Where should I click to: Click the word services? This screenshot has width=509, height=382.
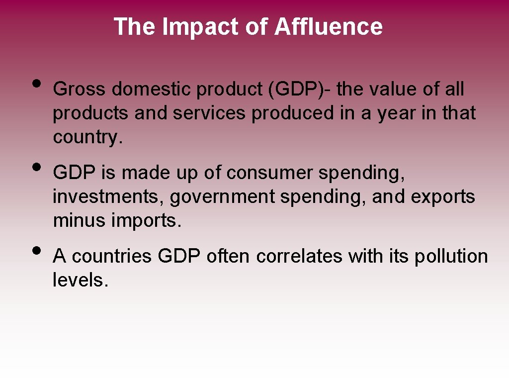click(x=209, y=113)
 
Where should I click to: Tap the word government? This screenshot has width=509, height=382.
click(x=222, y=197)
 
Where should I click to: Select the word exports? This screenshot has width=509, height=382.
click(x=443, y=197)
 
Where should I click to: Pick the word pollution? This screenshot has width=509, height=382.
click(x=451, y=257)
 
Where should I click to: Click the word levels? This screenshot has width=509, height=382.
click(x=80, y=281)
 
